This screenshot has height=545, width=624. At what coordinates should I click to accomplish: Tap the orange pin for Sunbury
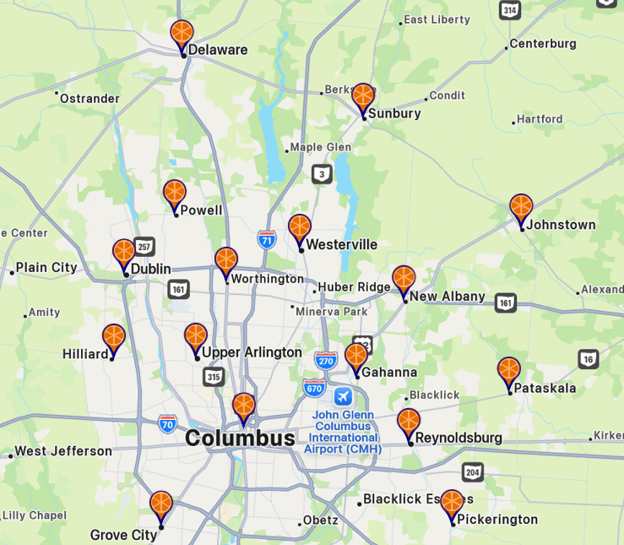click(x=363, y=98)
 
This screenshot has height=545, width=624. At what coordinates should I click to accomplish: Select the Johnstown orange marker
click(x=521, y=209)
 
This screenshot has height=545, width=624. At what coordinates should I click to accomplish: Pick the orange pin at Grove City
click(x=160, y=506)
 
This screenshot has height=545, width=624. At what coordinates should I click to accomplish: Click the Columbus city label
click(x=240, y=438)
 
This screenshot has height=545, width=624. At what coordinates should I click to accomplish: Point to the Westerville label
click(x=341, y=244)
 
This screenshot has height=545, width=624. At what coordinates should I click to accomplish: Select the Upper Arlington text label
click(x=252, y=352)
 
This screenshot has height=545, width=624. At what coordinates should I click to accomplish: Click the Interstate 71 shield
click(x=267, y=238)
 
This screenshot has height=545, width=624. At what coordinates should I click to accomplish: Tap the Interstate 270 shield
click(x=325, y=360)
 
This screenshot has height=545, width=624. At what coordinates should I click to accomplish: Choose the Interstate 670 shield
click(x=314, y=388)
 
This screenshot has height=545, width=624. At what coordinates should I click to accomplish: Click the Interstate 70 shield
click(x=167, y=423)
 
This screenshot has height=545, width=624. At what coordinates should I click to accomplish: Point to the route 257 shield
click(x=144, y=246)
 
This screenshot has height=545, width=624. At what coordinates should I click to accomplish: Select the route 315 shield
click(x=214, y=377)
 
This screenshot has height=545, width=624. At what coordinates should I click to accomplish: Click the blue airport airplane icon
click(x=343, y=396)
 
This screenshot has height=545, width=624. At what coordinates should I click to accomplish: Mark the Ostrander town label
click(x=90, y=99)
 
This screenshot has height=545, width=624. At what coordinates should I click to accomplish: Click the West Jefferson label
click(x=63, y=451)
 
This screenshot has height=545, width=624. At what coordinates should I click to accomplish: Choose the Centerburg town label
click(x=542, y=44)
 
